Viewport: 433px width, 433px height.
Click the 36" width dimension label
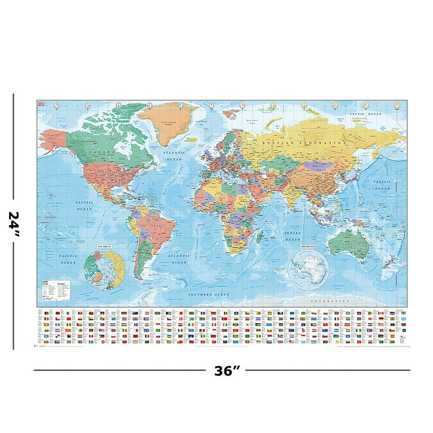(227, 371)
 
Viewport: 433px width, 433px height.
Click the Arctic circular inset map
(104, 269)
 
